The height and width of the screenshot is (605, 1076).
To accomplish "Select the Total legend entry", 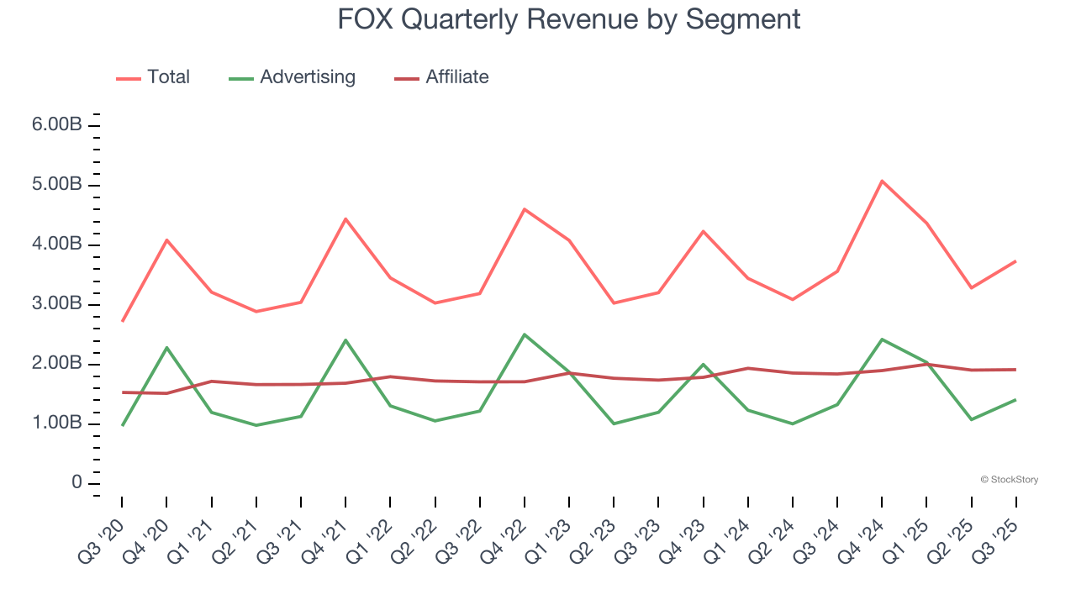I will point(168,77).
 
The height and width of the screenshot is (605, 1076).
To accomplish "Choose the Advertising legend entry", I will point(307,77).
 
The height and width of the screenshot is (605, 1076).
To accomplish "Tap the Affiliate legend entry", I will point(456,77).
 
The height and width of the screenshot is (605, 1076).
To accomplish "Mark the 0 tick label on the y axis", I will point(76,483).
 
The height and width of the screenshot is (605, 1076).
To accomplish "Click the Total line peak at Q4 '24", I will point(882,181).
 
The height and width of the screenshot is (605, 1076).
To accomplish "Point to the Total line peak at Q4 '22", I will point(525,209).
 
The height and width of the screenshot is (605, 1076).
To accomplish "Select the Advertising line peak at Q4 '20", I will point(166,347).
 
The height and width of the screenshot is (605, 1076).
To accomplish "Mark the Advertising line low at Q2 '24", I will point(793,423).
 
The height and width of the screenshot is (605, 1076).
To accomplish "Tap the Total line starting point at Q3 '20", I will point(123,321).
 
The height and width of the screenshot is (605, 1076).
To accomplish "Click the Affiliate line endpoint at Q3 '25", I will point(1015,370).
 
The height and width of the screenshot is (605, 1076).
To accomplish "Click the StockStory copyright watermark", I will point(1009,480).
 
